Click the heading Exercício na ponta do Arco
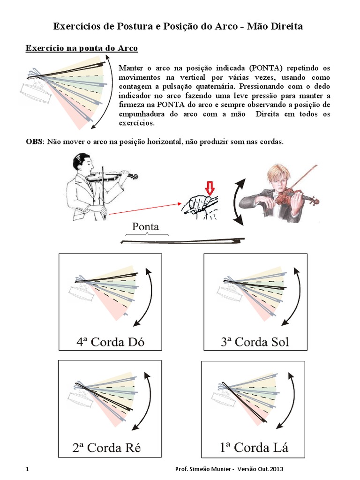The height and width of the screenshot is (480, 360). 82,48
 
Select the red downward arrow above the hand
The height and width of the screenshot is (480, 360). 210,188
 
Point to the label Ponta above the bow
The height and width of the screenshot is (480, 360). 145,226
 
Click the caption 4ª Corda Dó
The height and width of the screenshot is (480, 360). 110,342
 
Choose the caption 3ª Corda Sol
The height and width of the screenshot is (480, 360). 255,342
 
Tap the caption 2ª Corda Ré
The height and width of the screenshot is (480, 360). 107,448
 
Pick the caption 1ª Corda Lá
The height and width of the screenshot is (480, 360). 254,448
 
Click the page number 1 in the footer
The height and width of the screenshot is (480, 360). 28,469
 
